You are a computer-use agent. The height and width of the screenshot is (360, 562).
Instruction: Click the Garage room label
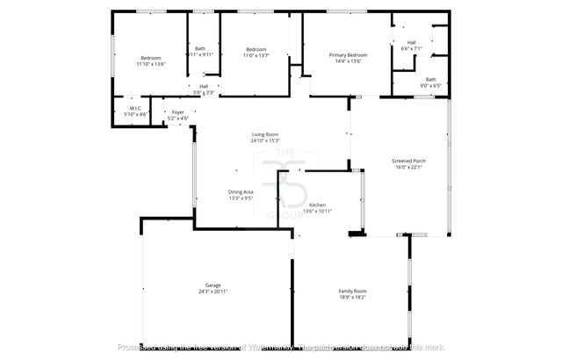213,285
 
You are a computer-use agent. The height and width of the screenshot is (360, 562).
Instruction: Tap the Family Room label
353,291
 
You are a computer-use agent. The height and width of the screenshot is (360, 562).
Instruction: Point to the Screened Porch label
409,161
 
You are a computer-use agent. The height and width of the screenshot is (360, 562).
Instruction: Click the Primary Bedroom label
348,55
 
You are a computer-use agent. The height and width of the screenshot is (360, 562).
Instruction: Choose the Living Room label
265,134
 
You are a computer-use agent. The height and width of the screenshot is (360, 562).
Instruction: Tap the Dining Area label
241,192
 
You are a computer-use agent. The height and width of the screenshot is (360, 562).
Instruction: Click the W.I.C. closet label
137,108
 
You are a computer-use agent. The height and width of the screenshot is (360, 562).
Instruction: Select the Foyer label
178,112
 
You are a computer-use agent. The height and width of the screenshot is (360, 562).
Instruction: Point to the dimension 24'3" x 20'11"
213,292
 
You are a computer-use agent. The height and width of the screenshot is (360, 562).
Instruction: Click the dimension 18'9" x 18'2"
353,297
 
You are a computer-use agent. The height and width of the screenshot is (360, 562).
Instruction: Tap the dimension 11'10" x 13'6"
151,64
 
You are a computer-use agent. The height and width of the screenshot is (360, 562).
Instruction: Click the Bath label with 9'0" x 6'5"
430,80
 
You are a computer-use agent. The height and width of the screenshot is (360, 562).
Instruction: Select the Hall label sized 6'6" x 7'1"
411,42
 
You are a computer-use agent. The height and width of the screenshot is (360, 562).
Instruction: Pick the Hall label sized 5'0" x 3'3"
204,86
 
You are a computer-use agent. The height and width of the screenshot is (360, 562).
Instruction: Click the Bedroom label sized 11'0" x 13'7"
256,49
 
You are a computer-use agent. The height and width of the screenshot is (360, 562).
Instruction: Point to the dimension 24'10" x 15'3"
265,140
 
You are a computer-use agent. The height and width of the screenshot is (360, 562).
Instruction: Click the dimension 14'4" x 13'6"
348,61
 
